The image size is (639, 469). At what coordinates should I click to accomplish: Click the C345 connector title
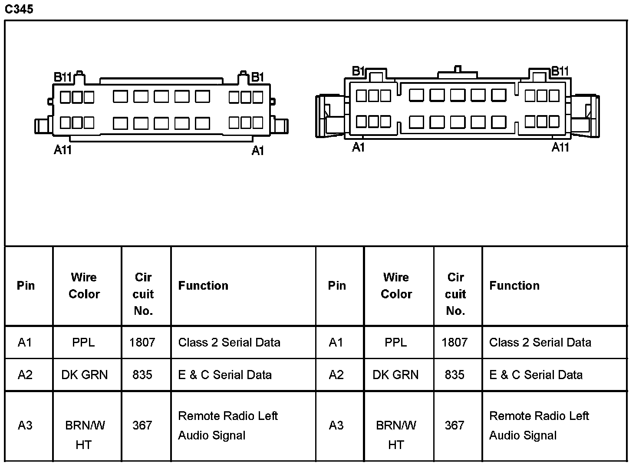[19, 9]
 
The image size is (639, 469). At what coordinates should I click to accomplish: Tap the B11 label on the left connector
[63, 77]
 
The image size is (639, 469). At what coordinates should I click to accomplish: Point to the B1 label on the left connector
[257, 77]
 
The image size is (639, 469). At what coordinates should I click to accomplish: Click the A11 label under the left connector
[63, 150]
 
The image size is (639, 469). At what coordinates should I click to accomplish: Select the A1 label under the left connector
[258, 151]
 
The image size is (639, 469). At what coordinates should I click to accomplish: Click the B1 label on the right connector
[358, 71]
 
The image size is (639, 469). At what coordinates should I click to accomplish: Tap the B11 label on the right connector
[560, 71]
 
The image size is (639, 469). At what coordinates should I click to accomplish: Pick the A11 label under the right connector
[560, 148]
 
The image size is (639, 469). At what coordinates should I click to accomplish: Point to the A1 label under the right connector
[358, 148]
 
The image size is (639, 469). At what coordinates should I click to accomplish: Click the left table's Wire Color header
[84, 286]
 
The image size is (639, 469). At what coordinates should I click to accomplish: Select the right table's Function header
[514, 286]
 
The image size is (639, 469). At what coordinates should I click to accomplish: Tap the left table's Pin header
[26, 286]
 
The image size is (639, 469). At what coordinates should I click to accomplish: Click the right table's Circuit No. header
[455, 294]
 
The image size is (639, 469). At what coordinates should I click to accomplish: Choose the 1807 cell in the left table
[142, 343]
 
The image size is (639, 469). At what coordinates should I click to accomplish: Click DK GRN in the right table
[395, 375]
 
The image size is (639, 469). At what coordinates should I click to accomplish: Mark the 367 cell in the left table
[142, 426]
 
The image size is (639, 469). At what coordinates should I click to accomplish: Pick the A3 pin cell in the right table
[336, 426]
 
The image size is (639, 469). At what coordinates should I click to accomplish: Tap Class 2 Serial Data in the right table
[540, 343]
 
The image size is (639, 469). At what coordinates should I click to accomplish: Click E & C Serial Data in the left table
[225, 375]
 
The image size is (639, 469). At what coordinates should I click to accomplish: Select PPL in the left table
[83, 343]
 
